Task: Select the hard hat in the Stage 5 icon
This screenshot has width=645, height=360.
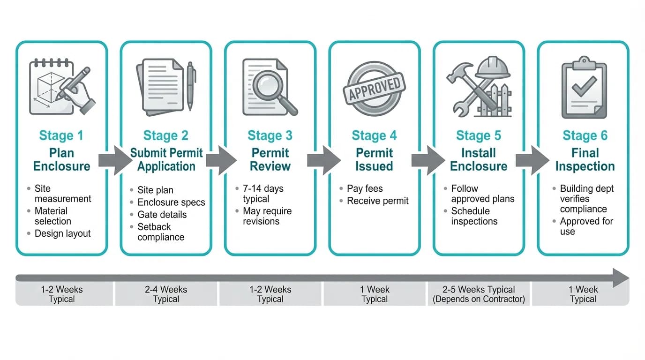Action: pos(492,68)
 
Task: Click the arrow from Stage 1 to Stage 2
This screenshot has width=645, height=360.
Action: pos(114,160)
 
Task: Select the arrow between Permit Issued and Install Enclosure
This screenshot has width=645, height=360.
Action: pos(427,160)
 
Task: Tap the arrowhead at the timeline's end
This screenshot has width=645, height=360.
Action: pos(621,278)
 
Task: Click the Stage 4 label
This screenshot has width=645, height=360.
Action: pos(374,136)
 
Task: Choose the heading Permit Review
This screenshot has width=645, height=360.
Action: pos(270,160)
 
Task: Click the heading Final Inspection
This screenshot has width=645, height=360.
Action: pos(585,160)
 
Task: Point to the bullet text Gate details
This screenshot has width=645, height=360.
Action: pos(162,215)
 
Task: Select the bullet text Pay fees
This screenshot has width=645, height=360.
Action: pos(365,189)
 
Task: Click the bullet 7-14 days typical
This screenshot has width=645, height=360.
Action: pos(262,194)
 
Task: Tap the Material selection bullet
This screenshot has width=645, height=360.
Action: pos(52,216)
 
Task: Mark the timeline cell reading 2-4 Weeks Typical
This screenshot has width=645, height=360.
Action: pos(166,294)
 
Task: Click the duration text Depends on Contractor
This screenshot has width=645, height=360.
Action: pos(478,299)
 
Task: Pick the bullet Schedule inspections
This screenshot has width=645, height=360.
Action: pos(474,216)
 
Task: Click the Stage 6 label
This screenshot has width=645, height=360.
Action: pos(585,136)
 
